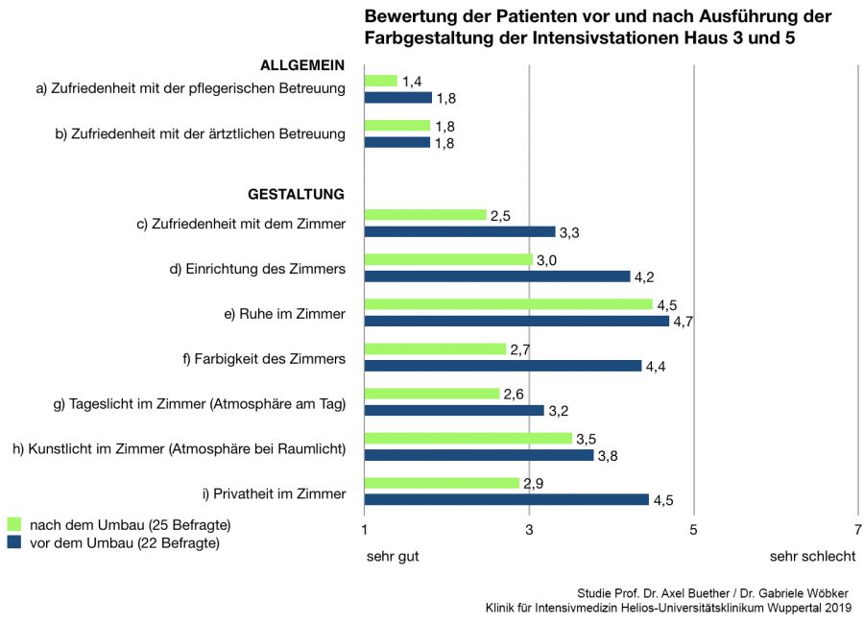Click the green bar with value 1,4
click(381, 81)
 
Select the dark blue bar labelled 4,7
click(516, 321)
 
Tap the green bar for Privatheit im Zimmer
click(442, 483)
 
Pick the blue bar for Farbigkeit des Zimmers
click(503, 366)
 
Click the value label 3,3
click(569, 232)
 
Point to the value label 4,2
click(644, 277)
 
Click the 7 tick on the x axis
click(858, 529)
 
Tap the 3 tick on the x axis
click(529, 529)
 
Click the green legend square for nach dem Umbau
click(14, 525)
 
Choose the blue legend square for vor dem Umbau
click(14, 543)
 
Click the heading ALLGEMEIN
click(302, 65)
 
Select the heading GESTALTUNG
click(296, 194)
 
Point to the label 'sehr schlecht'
click(810, 556)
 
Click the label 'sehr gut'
click(393, 556)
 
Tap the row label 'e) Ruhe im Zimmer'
click(284, 314)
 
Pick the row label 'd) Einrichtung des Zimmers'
click(257, 269)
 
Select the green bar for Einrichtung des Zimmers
click(448, 259)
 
